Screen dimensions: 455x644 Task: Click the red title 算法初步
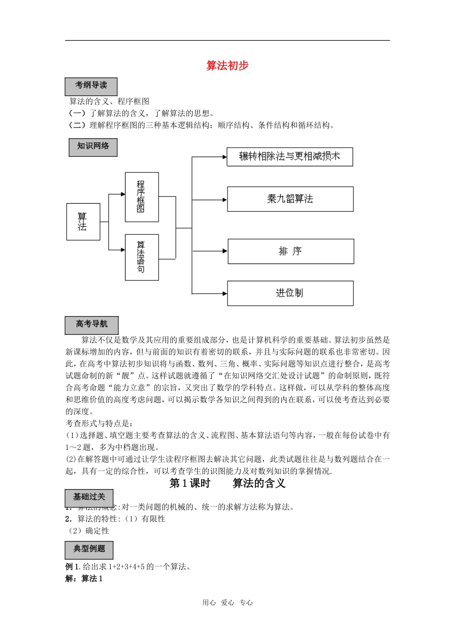tap(227, 66)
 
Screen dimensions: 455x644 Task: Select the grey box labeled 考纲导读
tap(91, 86)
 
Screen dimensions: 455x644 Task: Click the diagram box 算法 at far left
tap(83, 221)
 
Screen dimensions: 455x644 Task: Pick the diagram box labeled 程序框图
tap(142, 197)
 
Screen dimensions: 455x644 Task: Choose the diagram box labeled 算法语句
tap(142, 257)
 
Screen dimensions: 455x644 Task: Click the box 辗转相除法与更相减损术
tap(290, 157)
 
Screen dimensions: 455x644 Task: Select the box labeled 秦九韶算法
tap(290, 199)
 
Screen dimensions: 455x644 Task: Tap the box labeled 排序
tap(291, 252)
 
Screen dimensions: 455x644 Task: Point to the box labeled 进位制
tap(290, 293)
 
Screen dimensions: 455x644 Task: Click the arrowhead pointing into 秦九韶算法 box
tap(225, 199)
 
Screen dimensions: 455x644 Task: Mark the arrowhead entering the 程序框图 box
tap(123, 195)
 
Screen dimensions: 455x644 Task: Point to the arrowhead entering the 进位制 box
tap(225, 293)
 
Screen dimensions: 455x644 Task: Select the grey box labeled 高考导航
tap(91, 325)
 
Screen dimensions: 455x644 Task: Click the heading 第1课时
tap(190, 483)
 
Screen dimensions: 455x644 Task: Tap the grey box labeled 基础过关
tap(89, 497)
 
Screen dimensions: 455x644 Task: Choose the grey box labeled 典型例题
tap(89, 550)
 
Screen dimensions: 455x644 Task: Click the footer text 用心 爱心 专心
tap(227, 603)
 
